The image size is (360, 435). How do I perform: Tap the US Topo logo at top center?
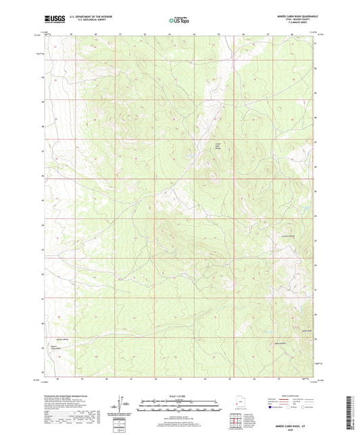(x=178, y=20)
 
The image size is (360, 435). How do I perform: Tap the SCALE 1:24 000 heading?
(x=179, y=395)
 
